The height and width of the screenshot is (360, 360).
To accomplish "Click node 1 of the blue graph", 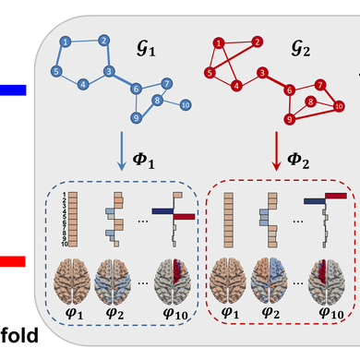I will tap(66, 42).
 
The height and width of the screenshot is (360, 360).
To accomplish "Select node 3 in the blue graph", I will tap(109, 71).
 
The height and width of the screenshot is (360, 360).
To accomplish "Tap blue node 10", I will tap(186, 104).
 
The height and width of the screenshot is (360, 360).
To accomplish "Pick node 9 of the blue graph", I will tap(137, 117).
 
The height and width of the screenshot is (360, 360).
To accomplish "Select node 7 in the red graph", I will tap(319, 84).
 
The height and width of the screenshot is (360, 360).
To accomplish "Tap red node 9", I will tap(290, 118).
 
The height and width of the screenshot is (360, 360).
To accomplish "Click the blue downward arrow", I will tap(123, 151).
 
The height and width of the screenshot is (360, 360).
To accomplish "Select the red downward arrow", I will tap(277, 151).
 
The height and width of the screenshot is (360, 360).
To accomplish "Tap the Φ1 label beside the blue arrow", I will tap(145, 162).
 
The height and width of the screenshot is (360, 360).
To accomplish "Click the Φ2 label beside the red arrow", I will tap(299, 162).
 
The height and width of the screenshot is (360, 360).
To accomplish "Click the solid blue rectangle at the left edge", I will tap(14, 90).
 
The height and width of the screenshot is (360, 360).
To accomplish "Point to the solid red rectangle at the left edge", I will tap(14, 261).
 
